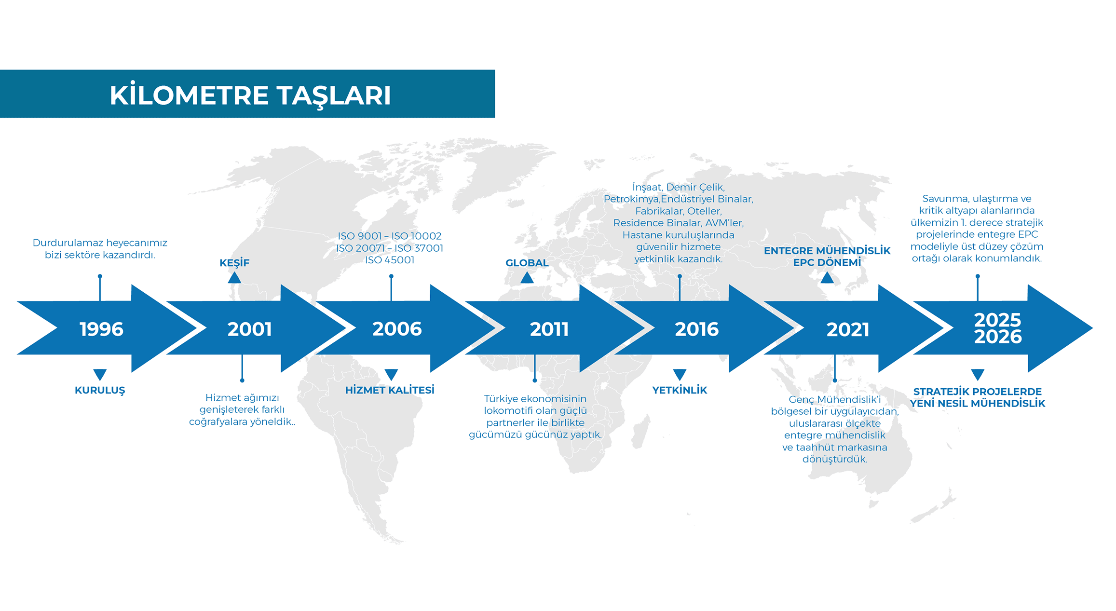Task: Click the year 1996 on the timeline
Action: click(x=101, y=329)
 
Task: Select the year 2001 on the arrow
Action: click(x=249, y=329)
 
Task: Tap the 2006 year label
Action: click(x=397, y=329)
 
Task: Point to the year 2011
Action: click(x=549, y=329)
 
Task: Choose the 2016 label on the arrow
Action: click(x=696, y=329)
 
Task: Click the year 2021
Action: click(x=847, y=329)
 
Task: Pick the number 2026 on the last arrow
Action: click(x=998, y=337)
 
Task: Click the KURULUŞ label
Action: click(x=100, y=390)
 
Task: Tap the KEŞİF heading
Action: click(x=234, y=263)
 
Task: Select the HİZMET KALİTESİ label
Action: click(x=390, y=390)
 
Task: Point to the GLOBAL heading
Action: click(x=527, y=263)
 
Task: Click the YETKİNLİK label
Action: click(x=680, y=390)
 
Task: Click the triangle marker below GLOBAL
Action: click(x=527, y=278)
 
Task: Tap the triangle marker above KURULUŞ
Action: click(x=100, y=375)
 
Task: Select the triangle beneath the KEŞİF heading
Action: click(x=234, y=278)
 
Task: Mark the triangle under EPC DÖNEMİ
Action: click(x=827, y=278)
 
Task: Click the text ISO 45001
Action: click(x=390, y=260)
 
